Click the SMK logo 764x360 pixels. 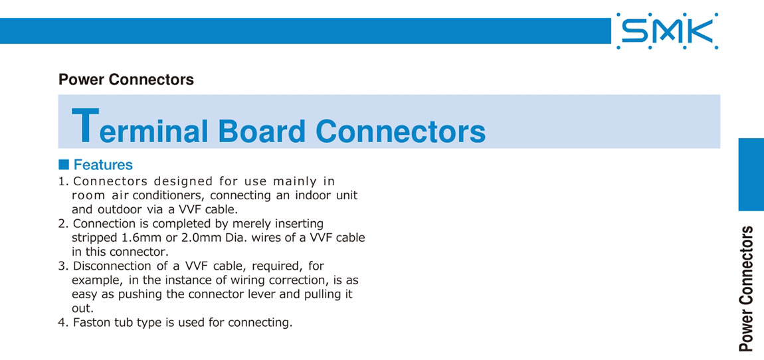coord(667,31)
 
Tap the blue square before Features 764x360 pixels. coord(63,163)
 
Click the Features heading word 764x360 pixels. coord(103,164)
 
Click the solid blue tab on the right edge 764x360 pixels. coord(751,175)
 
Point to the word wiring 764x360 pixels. coord(264,280)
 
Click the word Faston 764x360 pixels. coord(89,323)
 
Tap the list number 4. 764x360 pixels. coord(62,323)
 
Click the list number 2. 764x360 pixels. coord(62,224)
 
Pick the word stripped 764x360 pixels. coord(91,238)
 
